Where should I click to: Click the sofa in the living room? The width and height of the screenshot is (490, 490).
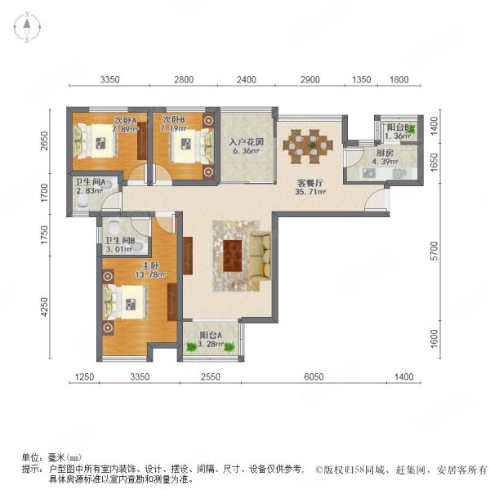tap(262, 256)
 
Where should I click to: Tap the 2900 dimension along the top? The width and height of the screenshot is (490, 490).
tap(310, 79)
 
